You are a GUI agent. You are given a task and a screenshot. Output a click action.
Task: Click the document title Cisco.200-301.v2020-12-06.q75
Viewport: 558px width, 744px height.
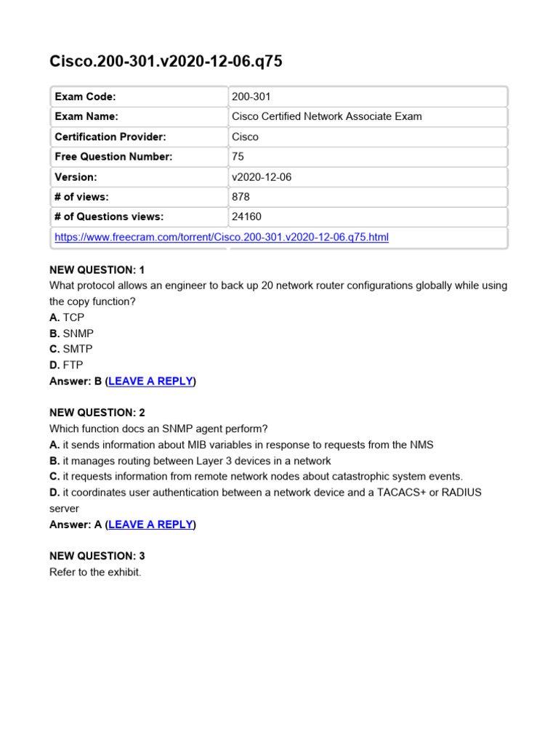[x=166, y=62]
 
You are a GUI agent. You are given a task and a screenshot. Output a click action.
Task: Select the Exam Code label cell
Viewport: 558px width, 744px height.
[x=85, y=97]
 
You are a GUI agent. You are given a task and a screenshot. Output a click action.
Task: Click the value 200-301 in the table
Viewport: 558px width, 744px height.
[x=251, y=97]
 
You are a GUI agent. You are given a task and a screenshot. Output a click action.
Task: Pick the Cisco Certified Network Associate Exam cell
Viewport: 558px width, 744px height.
[x=326, y=116]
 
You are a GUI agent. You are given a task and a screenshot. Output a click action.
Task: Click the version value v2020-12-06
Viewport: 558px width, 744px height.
[x=261, y=177]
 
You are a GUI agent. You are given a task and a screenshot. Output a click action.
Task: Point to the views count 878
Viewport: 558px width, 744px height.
[x=240, y=196]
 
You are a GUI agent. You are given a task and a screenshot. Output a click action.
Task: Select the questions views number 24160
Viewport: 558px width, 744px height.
[x=246, y=217]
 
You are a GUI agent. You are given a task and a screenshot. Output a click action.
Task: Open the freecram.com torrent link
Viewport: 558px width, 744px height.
[x=222, y=237]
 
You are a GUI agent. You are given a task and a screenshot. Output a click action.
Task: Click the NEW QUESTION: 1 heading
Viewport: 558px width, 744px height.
[x=97, y=270]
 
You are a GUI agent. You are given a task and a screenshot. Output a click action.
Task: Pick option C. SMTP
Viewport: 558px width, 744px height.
[x=71, y=349]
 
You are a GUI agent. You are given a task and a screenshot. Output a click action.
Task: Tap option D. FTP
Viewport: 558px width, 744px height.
[x=67, y=365]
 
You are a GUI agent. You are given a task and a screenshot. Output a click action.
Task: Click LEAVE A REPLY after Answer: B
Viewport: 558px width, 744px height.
[x=150, y=381]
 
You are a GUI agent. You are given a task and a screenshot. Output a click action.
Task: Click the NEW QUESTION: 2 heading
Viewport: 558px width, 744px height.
[x=97, y=413]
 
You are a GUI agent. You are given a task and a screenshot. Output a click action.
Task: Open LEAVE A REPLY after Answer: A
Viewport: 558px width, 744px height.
[x=150, y=524]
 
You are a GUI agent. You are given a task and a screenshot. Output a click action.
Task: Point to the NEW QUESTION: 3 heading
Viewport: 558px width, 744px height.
[x=97, y=556]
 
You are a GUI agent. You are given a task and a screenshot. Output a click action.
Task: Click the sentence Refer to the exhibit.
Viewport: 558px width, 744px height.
[x=95, y=572]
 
